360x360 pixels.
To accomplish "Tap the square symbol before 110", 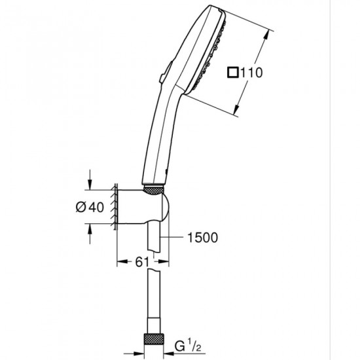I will coord(232,73).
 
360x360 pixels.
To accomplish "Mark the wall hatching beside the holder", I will coord(114,206).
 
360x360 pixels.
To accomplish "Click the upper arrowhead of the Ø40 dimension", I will coord(90,184).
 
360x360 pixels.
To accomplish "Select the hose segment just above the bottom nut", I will coord(156,314).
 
